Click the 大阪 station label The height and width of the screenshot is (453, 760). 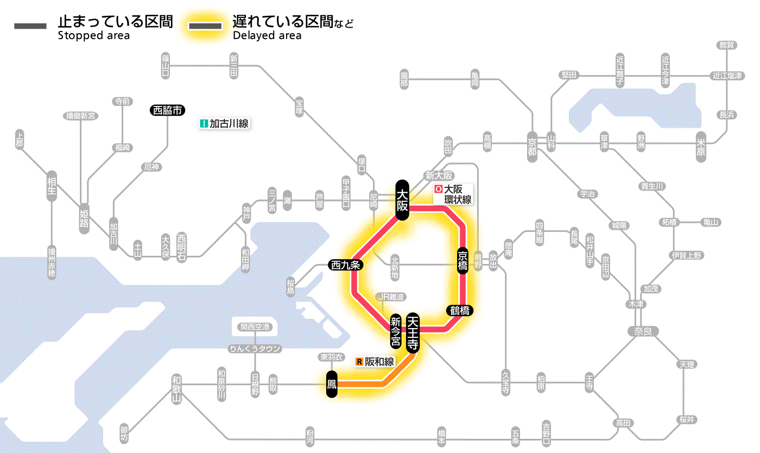[402, 200]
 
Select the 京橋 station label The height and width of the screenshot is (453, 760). [463, 260]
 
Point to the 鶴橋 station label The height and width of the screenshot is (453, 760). [460, 311]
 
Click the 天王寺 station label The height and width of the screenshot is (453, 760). [413, 333]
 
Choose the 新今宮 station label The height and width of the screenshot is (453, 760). [396, 333]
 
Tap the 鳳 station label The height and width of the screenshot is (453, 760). [332, 384]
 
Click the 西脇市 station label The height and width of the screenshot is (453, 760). [168, 110]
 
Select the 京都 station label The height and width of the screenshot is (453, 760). [532, 144]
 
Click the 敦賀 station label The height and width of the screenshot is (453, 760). [726, 46]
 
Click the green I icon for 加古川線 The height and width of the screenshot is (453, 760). [204, 124]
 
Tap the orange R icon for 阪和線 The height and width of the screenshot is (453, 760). [359, 361]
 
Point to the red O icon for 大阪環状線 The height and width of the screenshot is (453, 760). [439, 190]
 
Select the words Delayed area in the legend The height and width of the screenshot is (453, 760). [267, 36]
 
